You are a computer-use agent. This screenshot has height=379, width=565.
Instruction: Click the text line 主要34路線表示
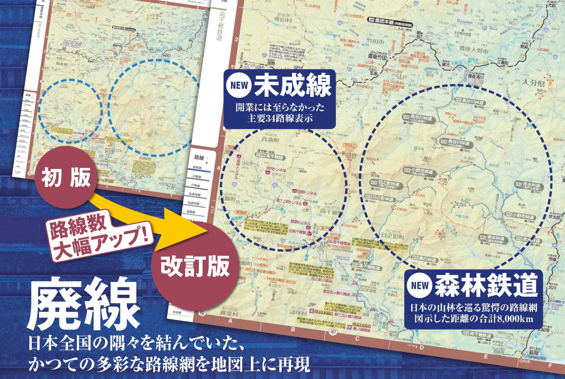(280, 118)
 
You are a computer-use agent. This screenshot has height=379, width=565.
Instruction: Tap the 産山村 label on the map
(282, 20)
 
